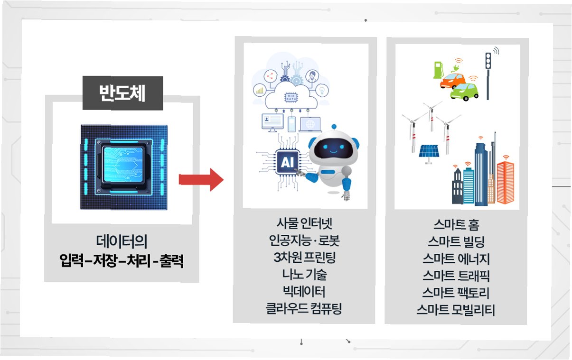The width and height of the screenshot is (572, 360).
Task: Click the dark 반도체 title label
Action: (122, 93)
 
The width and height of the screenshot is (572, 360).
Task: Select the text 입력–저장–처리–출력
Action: (122, 261)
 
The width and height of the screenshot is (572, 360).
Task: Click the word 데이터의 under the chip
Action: (122, 242)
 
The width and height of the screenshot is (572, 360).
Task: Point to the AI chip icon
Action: (288, 163)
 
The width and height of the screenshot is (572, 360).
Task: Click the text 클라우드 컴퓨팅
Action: (304, 309)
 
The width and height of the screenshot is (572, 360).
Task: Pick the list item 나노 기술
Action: (304, 275)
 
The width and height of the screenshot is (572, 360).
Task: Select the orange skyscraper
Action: (505, 182)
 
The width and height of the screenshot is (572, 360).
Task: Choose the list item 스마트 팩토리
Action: (455, 293)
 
